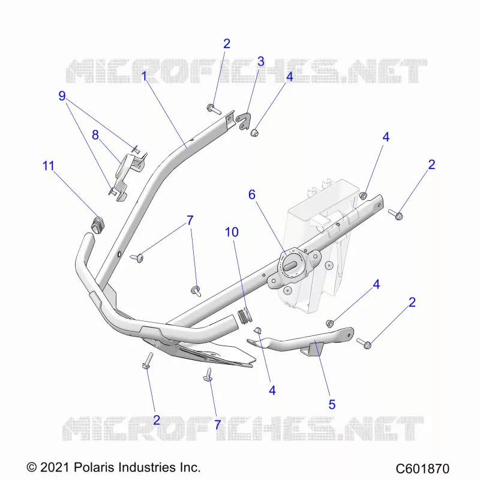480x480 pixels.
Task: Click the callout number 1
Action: pyautogui.click(x=144, y=76)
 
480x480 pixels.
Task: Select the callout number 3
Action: pyautogui.click(x=261, y=62)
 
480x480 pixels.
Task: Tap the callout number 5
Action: pyautogui.click(x=332, y=404)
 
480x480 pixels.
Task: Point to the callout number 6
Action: pyautogui.click(x=251, y=194)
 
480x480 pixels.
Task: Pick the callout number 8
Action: pyautogui.click(x=95, y=135)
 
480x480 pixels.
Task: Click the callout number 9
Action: pyautogui.click(x=62, y=96)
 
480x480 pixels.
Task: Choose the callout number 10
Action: pyautogui.click(x=232, y=232)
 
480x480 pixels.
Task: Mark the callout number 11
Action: pyautogui.click(x=48, y=166)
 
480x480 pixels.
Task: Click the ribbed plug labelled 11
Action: pyautogui.click(x=98, y=224)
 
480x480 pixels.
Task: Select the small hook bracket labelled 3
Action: pyautogui.click(x=244, y=122)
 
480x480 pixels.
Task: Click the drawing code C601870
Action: pyautogui.click(x=422, y=469)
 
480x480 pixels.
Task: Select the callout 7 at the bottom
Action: pyautogui.click(x=217, y=425)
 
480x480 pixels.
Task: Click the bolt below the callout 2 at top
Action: pyautogui.click(x=214, y=109)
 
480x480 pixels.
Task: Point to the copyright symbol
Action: pyautogui.click(x=32, y=468)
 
